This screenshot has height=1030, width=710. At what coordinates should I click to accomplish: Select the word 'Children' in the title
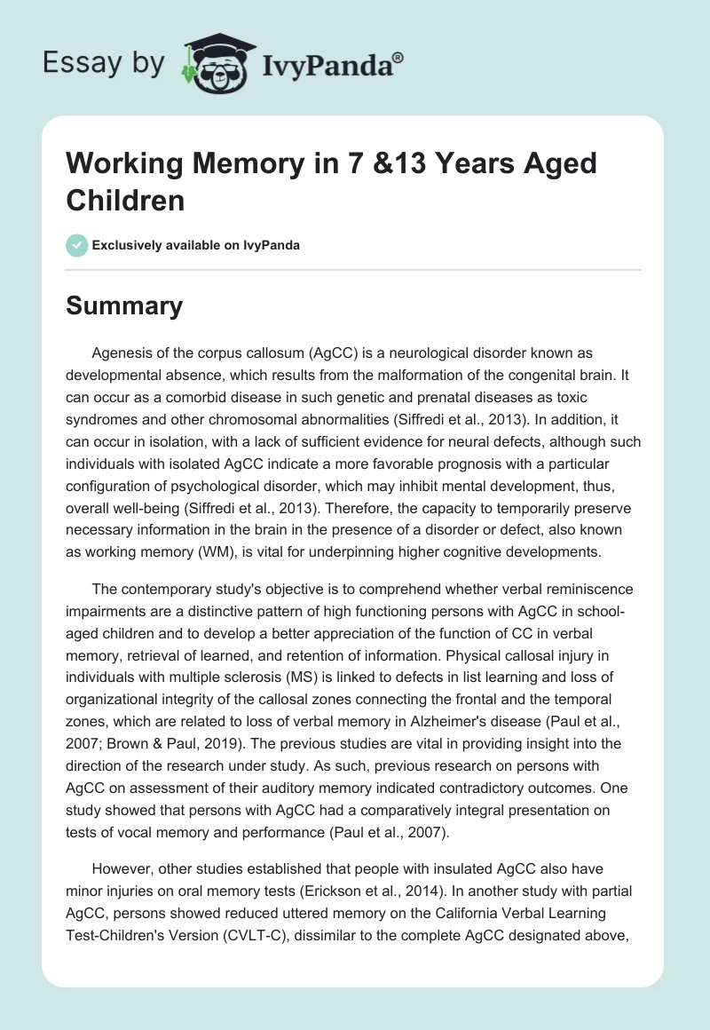pos(125,200)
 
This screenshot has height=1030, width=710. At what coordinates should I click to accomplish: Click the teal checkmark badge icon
pos(77,245)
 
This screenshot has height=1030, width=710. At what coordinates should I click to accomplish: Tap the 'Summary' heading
pos(124,306)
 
